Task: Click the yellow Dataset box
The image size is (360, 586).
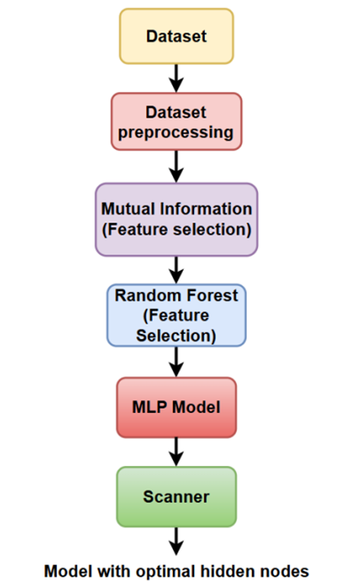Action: (x=177, y=37)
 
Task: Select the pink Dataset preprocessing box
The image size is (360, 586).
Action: (x=176, y=122)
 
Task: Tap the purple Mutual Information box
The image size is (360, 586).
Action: (x=176, y=220)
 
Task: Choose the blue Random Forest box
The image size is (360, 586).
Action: (x=176, y=315)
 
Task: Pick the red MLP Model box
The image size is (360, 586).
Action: (x=176, y=407)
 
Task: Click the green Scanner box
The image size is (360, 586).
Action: (x=176, y=497)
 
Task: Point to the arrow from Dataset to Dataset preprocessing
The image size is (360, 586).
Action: (x=176, y=78)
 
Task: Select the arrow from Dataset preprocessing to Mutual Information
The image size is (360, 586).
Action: (x=176, y=167)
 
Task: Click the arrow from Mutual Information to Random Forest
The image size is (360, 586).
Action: (x=176, y=270)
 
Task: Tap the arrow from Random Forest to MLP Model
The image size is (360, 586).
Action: (x=176, y=362)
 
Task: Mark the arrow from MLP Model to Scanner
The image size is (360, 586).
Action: (x=176, y=452)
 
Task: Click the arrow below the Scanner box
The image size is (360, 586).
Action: (x=176, y=542)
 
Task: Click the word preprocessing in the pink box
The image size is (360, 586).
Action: (x=176, y=133)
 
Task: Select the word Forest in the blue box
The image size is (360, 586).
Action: (x=213, y=296)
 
